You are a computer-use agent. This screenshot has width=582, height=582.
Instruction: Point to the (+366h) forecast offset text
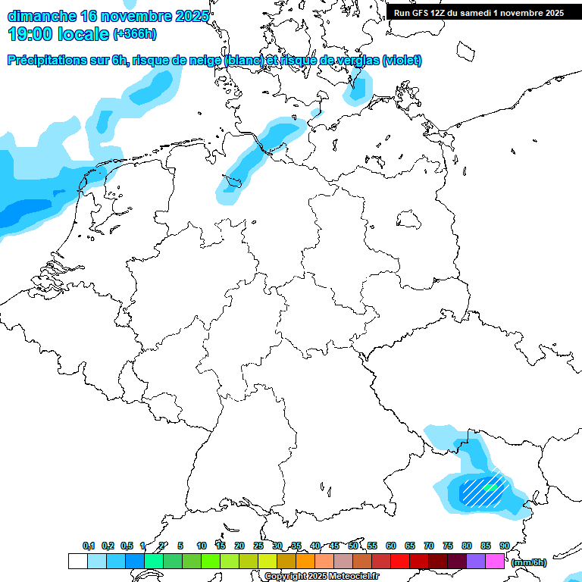click(x=136, y=34)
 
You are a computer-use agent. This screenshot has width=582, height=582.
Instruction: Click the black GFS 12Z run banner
click(x=478, y=12)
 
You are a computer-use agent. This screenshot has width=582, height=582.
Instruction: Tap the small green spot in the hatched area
click(x=490, y=488)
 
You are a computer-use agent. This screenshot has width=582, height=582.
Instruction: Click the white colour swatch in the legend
click(x=77, y=562)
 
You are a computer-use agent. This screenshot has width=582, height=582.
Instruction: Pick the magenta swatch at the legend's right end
click(x=495, y=562)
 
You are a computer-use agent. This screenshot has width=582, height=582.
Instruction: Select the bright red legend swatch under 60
click(x=400, y=562)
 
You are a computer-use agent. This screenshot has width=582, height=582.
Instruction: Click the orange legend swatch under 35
click(x=305, y=562)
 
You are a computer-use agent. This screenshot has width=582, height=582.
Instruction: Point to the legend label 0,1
click(x=88, y=546)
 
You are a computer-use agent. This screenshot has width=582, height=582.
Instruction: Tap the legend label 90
click(x=504, y=546)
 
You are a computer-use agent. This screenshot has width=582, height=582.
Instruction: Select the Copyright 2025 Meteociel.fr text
click(x=321, y=577)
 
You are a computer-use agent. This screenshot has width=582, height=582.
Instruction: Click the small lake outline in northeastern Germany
click(x=409, y=221)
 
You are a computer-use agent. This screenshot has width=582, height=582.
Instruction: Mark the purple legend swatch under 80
click(x=476, y=562)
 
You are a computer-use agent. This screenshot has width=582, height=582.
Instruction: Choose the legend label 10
click(x=201, y=546)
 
